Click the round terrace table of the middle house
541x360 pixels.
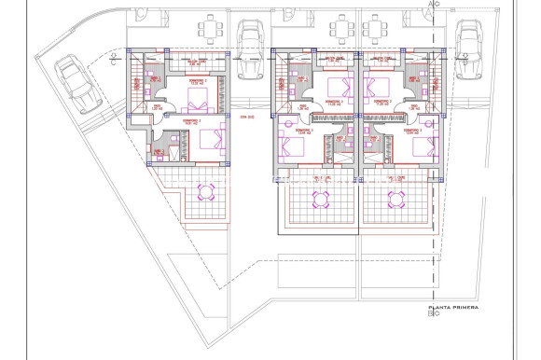click(x=321, y=198)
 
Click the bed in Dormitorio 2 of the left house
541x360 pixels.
click(x=196, y=101)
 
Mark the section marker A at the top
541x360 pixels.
click(x=430, y=5)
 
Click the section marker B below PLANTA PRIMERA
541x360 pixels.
click(x=430, y=315)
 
